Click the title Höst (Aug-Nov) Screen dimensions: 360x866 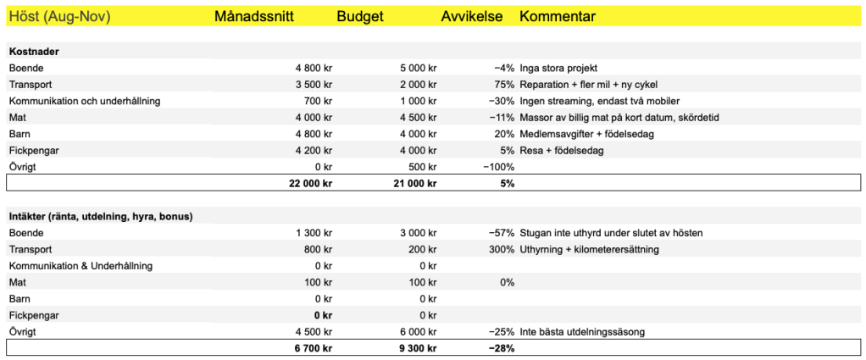point(59,17)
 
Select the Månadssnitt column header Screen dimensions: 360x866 point(254,17)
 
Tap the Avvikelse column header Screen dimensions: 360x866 point(471,17)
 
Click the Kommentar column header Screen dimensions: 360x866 point(557,17)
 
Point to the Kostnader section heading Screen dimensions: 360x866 point(34,52)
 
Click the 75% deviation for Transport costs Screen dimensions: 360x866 point(504,85)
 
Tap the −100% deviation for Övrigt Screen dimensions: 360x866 point(497,167)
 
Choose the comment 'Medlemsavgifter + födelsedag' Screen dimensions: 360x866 point(591,134)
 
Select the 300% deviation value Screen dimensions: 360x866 point(501,249)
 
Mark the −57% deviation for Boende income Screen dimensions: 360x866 point(501,233)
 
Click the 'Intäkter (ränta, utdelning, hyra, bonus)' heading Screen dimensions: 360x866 point(101,216)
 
